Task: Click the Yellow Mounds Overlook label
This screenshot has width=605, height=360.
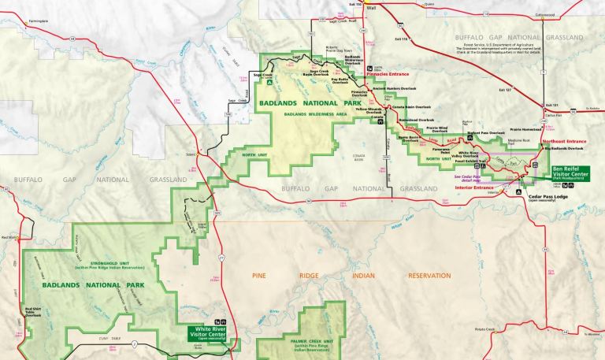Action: [367, 112]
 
